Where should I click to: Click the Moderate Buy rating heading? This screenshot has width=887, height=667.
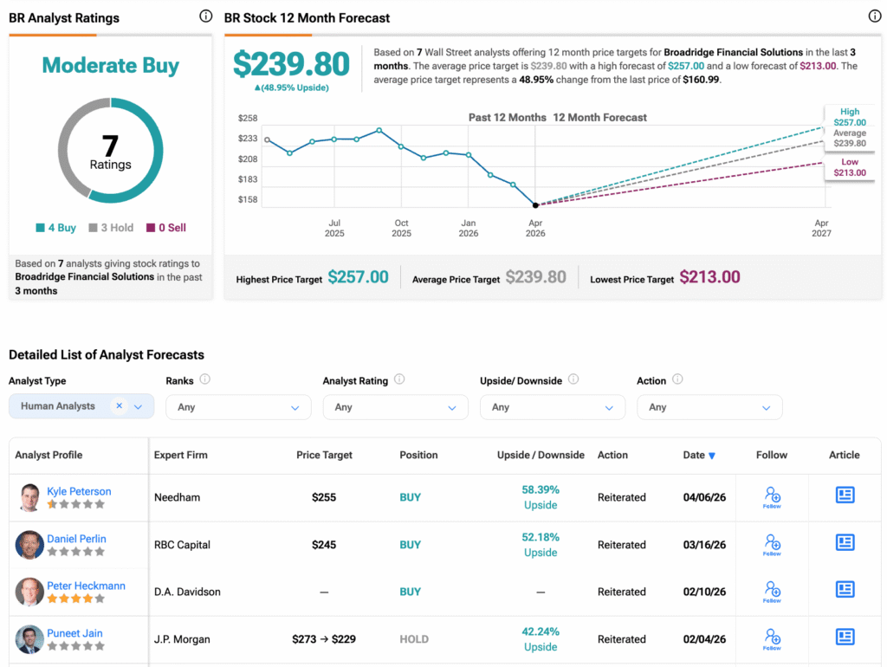(x=110, y=66)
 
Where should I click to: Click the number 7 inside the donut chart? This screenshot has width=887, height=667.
(x=110, y=146)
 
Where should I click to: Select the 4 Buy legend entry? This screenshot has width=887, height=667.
(x=56, y=228)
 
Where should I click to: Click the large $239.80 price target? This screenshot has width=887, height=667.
(x=291, y=65)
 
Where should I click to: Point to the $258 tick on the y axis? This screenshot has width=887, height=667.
(x=248, y=118)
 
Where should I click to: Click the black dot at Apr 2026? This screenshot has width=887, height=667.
(x=535, y=205)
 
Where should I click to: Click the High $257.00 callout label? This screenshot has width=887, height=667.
(x=850, y=117)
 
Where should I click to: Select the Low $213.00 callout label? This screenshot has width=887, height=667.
(x=850, y=167)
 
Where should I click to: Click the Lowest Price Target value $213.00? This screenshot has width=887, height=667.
(x=709, y=277)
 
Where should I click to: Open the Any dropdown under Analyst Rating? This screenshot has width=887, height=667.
(x=395, y=407)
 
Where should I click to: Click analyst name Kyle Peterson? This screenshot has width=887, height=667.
(x=79, y=491)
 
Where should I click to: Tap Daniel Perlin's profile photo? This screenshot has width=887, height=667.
(x=29, y=545)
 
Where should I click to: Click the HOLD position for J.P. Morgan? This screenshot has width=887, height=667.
(x=414, y=639)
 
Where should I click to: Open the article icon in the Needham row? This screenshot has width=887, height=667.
(x=845, y=495)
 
